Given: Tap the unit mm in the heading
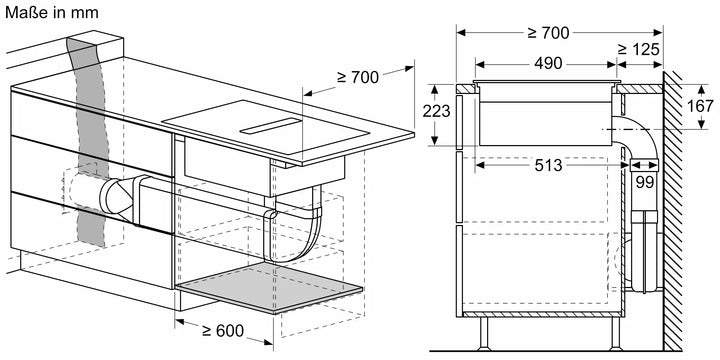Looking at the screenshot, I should tap(85, 12).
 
